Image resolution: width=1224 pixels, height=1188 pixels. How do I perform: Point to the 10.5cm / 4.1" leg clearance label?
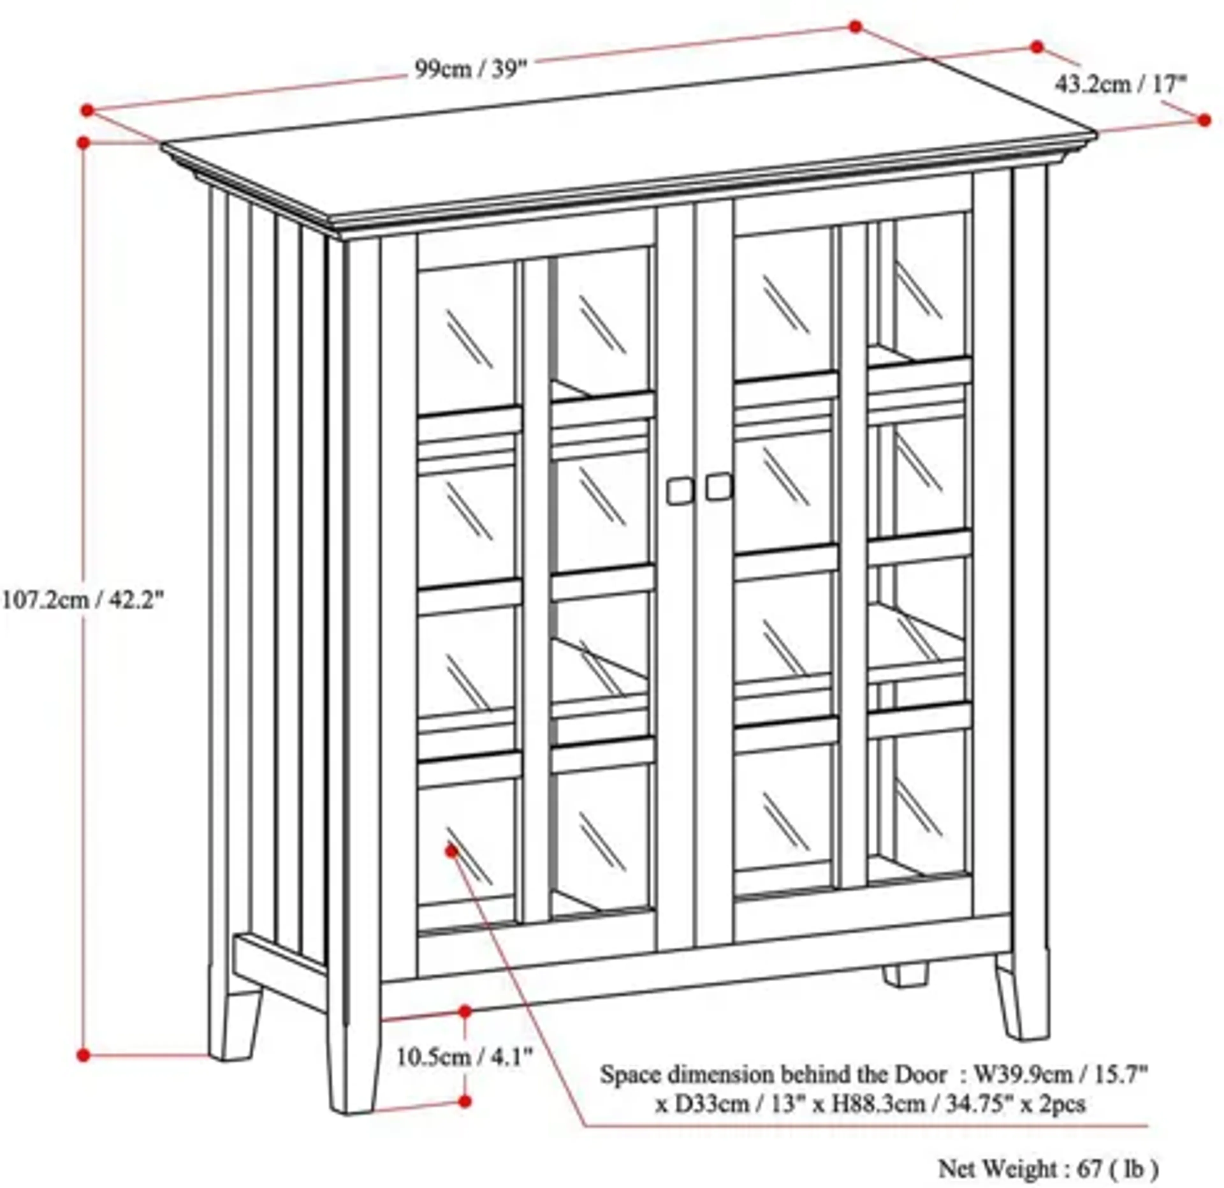point(465,1058)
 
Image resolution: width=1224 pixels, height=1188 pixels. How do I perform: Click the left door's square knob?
point(680,491)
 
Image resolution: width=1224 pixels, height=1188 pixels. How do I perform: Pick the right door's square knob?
point(719,486)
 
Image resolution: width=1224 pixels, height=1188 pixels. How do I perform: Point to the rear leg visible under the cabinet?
point(905,975)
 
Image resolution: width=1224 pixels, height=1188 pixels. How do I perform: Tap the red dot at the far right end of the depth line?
point(1205,120)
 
